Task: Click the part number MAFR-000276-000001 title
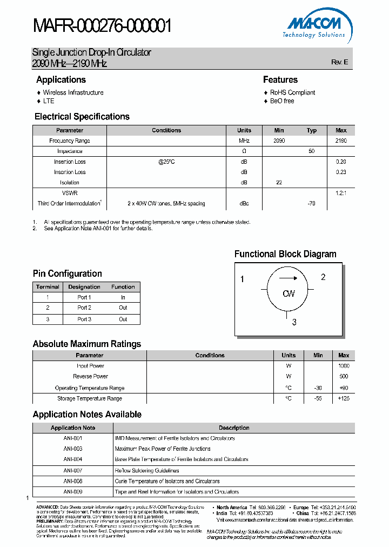[102, 25]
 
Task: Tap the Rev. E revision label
[339, 62]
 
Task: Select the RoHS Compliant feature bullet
[292, 92]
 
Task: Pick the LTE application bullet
[49, 101]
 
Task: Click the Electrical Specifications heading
[82, 117]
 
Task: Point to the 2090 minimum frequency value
[279, 141]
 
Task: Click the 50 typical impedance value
[312, 151]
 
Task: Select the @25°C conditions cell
[166, 162]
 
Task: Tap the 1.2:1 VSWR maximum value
[341, 192]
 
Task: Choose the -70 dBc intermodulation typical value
[312, 204]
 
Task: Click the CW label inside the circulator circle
[289, 293]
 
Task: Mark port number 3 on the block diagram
[294, 323]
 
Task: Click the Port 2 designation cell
[84, 308]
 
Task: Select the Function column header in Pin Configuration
[123, 287]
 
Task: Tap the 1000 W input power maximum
[344, 366]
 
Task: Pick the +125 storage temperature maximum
[344, 398]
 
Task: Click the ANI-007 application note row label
[73, 470]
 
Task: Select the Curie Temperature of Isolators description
[167, 481]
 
